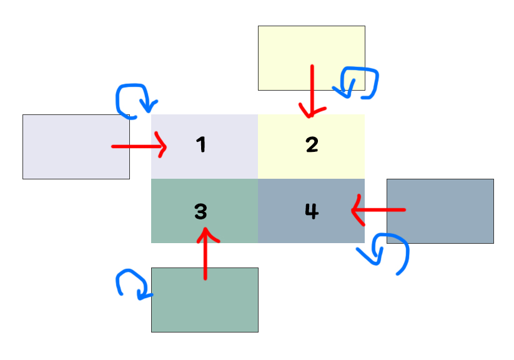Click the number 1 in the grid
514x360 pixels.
pos(200,145)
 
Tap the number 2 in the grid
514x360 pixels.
pos(312,145)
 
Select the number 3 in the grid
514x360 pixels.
pos(200,212)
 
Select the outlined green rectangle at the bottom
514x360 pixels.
pos(204,300)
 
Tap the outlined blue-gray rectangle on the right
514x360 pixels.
pos(440,211)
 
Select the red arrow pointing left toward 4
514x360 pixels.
pos(378,210)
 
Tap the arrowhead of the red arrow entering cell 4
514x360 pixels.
pos(357,210)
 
